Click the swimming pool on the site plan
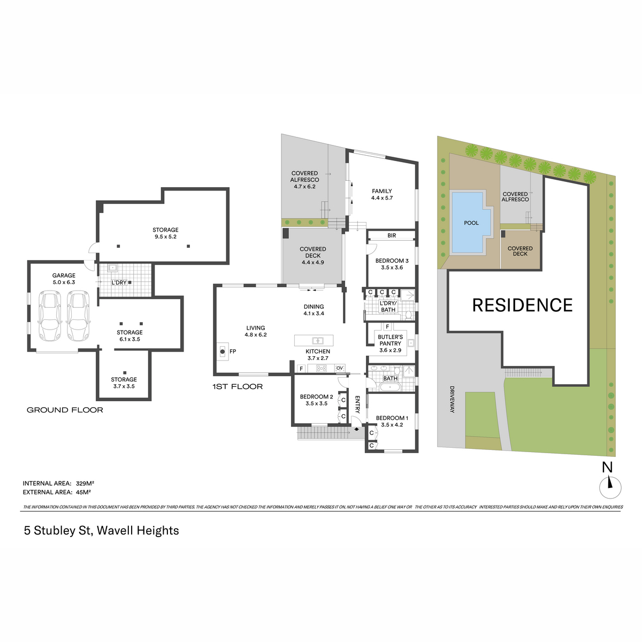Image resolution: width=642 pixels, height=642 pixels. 470,222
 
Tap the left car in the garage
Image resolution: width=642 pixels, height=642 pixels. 50,316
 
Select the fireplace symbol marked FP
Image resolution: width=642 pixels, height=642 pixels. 223,351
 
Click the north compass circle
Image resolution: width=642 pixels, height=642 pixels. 610,488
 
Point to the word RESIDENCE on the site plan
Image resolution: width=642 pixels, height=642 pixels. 522,305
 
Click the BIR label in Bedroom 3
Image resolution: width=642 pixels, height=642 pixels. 392,235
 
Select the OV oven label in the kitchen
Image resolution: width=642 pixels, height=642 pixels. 340,368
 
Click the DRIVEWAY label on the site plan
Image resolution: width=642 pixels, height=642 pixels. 452,399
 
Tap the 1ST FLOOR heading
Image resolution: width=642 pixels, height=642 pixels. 238,386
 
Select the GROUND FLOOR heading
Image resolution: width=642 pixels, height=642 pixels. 65,410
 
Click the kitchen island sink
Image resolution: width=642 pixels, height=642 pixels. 318,340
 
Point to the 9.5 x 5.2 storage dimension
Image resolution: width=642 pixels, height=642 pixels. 165,237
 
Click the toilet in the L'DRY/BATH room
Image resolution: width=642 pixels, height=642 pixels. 408,314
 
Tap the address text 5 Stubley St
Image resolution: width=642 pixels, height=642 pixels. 57,530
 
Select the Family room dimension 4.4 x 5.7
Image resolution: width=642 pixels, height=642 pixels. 382,198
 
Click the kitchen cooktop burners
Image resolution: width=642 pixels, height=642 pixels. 322,368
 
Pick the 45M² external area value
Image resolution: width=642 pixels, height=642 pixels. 83,492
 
